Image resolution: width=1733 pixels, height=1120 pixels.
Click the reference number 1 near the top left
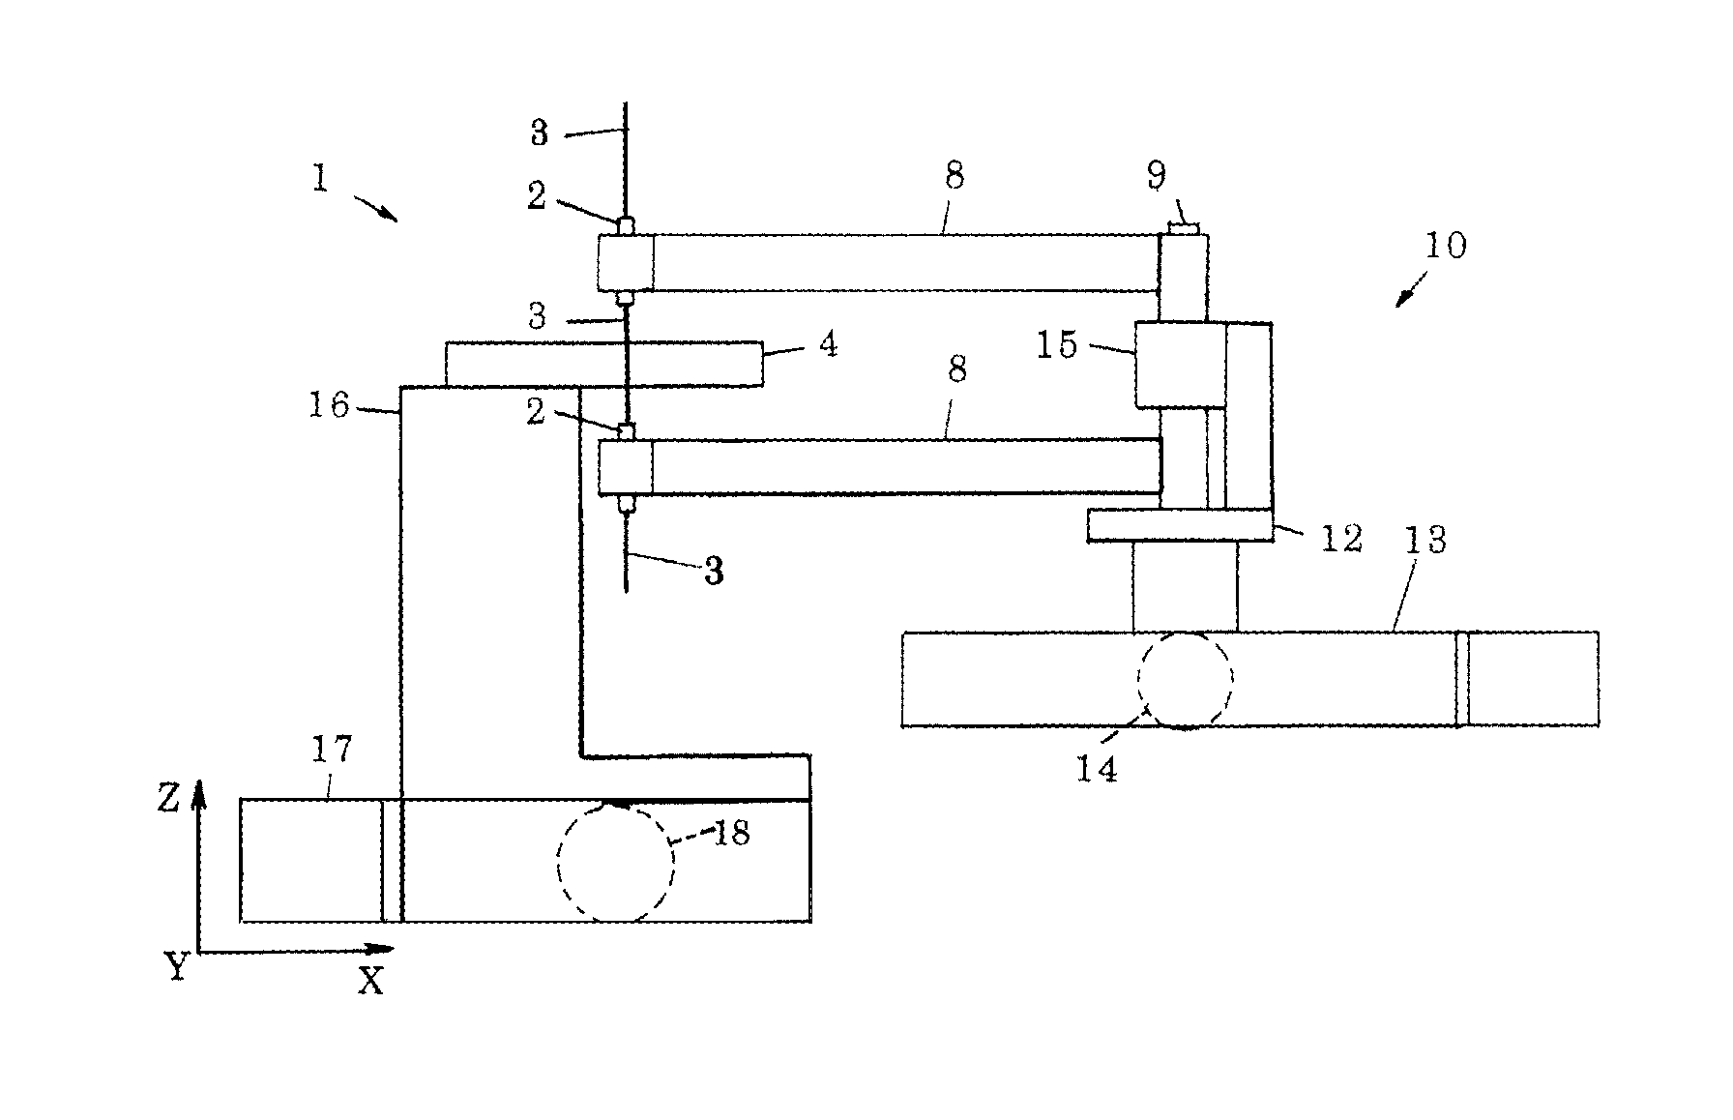320,180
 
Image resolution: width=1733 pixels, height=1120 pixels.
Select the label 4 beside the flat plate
828,344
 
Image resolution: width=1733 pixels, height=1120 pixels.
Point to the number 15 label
1057,345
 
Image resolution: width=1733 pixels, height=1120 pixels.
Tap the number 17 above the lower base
331,749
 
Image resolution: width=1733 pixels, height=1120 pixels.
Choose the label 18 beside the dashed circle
732,833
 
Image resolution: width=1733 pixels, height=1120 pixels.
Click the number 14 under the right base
1098,769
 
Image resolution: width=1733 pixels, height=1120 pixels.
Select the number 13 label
1425,540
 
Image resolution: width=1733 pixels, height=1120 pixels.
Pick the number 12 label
1341,538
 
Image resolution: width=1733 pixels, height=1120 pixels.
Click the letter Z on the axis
170,799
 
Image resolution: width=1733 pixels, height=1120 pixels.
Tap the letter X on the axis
370,982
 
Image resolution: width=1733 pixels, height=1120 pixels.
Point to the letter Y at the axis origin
176,965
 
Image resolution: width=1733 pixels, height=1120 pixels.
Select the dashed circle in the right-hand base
1186,680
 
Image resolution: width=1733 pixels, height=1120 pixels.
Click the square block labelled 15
1181,365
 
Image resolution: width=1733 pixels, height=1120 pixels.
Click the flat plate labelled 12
1180,525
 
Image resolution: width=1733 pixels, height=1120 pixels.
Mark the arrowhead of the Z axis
198,793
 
